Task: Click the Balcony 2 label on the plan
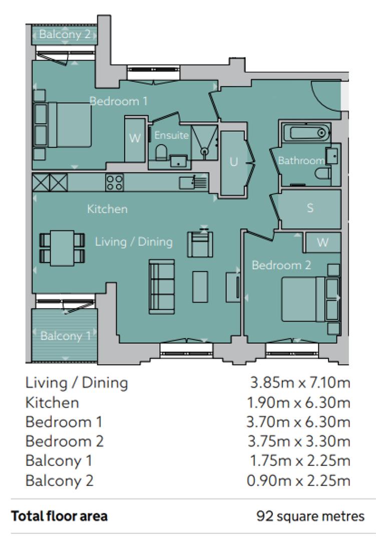pyautogui.click(x=65, y=34)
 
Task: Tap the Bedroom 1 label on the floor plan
pyautogui.click(x=118, y=101)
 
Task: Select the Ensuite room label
pyautogui.click(x=171, y=135)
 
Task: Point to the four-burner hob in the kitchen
pyautogui.click(x=115, y=182)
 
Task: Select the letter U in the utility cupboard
pyautogui.click(x=233, y=161)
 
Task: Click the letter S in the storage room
pyautogui.click(x=310, y=208)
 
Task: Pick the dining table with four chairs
pyautogui.click(x=62, y=248)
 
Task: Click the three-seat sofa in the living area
pyautogui.click(x=162, y=287)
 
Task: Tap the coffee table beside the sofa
pyautogui.click(x=200, y=287)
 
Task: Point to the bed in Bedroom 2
pyautogui.click(x=310, y=299)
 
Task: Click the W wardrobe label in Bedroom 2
pyautogui.click(x=322, y=242)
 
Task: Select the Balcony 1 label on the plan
pyautogui.click(x=66, y=336)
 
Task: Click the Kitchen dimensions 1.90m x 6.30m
pyautogui.click(x=298, y=402)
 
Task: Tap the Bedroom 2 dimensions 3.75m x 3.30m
pyautogui.click(x=299, y=441)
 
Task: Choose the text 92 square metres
pyautogui.click(x=310, y=516)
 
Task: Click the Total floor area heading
pyautogui.click(x=60, y=516)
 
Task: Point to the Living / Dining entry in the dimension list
pyautogui.click(x=77, y=383)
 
